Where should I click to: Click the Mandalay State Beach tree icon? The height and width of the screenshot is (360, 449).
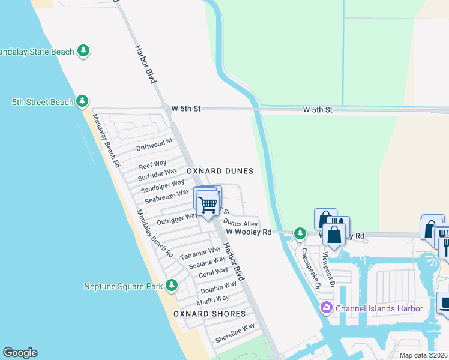85,51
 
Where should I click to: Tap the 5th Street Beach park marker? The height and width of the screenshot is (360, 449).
82,101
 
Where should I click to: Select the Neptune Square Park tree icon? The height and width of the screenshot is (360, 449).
172,285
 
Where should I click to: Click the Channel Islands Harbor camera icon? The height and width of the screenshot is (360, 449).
326,308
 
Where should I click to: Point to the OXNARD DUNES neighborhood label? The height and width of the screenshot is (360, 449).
220,171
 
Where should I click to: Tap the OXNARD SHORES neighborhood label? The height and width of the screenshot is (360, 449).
209,314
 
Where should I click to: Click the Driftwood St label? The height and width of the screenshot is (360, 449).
154,145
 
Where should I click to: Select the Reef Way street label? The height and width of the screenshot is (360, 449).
152,164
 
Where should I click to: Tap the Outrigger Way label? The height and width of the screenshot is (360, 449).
177,218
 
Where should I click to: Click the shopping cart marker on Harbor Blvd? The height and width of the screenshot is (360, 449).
208,205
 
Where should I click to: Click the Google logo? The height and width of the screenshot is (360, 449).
20,353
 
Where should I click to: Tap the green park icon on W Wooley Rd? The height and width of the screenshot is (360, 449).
298,232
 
